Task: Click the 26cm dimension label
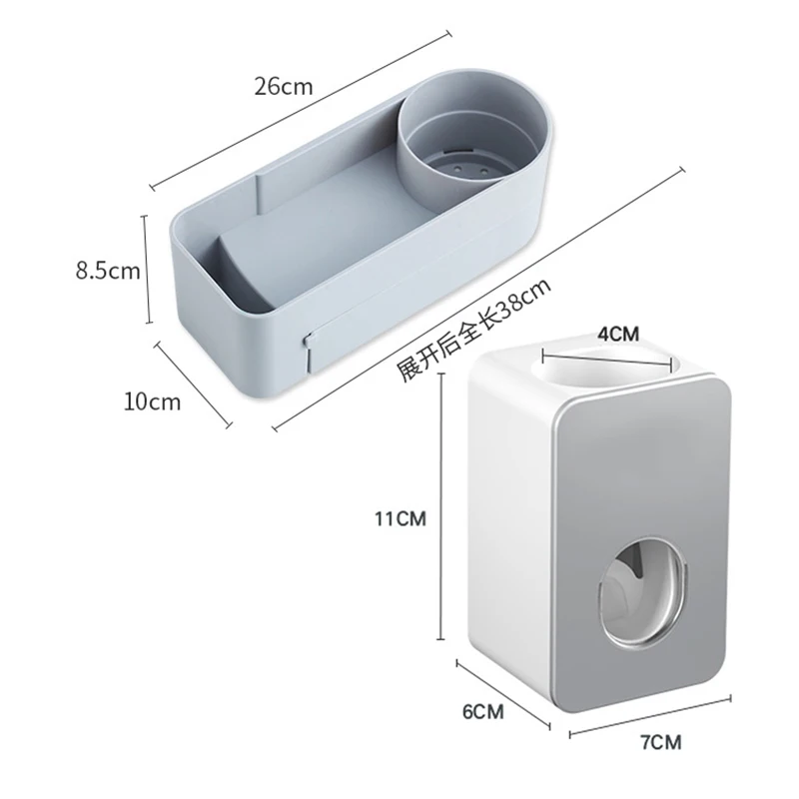tap(284, 87)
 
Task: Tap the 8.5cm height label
tap(108, 271)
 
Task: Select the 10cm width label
tap(153, 401)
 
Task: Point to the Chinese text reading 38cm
tap(473, 330)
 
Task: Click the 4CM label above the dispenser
tap(618, 334)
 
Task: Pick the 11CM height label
tap(400, 518)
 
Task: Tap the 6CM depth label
tap(483, 711)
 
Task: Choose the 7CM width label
tap(661, 742)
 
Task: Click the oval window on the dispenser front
tap(642, 592)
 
